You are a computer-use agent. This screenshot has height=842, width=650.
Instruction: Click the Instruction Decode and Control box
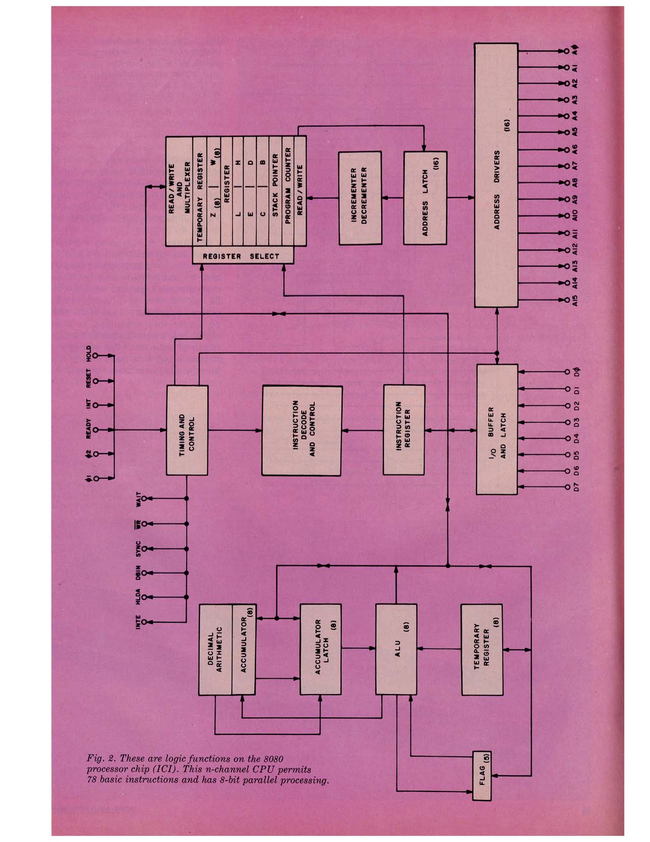click(301, 431)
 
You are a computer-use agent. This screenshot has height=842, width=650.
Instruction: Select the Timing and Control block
click(187, 431)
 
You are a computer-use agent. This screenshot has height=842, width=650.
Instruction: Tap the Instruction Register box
click(403, 430)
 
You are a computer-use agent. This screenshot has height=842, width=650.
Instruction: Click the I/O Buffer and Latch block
click(496, 430)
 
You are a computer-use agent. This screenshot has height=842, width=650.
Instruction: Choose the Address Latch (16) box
click(425, 197)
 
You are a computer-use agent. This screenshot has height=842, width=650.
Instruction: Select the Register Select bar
click(243, 256)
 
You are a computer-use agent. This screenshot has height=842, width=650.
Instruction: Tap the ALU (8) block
click(397, 649)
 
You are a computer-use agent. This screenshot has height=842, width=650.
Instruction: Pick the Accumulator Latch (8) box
click(320, 649)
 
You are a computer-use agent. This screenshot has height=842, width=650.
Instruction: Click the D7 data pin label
click(576, 487)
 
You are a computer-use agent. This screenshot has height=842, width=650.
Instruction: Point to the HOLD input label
click(88, 354)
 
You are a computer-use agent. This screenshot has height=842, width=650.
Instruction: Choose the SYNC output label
click(138, 549)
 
